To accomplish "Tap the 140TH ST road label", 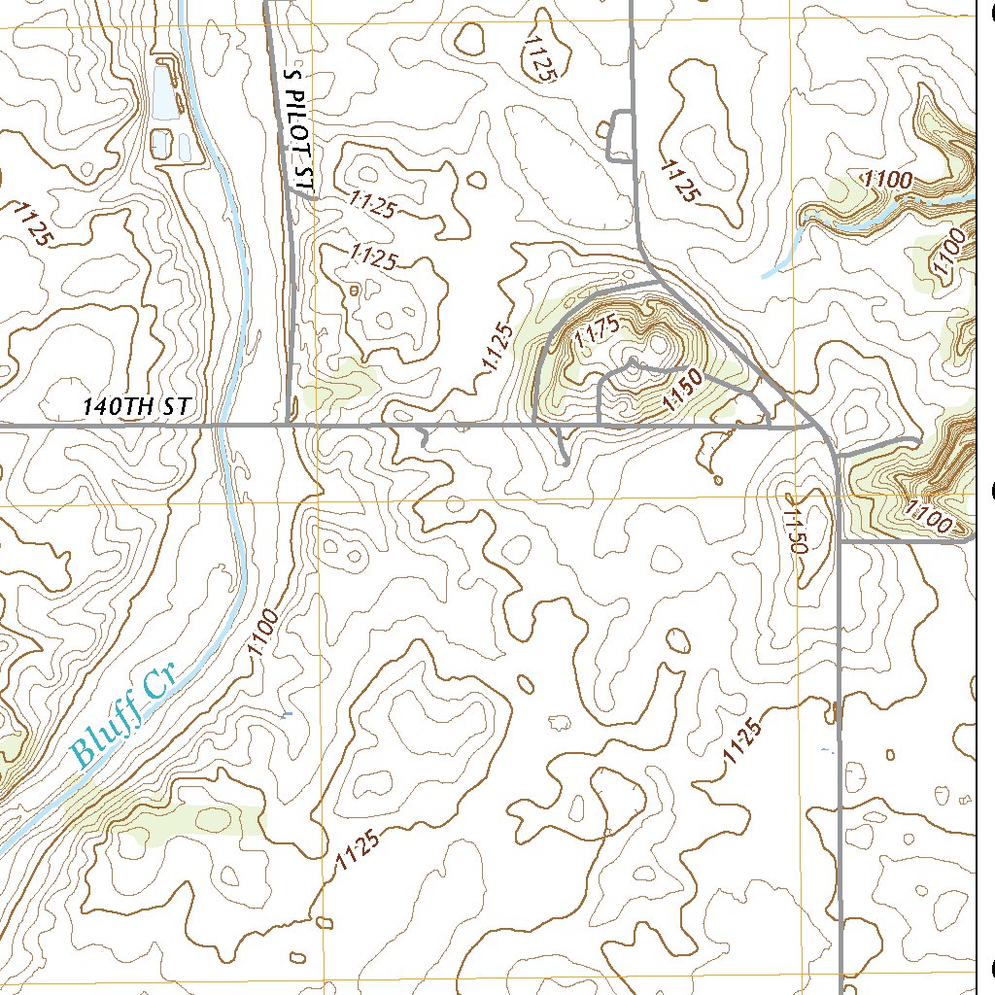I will click(x=135, y=407).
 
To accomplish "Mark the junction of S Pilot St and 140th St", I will click(x=293, y=425).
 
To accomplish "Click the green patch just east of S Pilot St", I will click(x=339, y=385).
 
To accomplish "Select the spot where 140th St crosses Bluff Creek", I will click(x=223, y=425).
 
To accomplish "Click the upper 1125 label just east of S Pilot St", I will click(x=372, y=205).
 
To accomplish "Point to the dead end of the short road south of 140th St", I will click(x=565, y=464).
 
